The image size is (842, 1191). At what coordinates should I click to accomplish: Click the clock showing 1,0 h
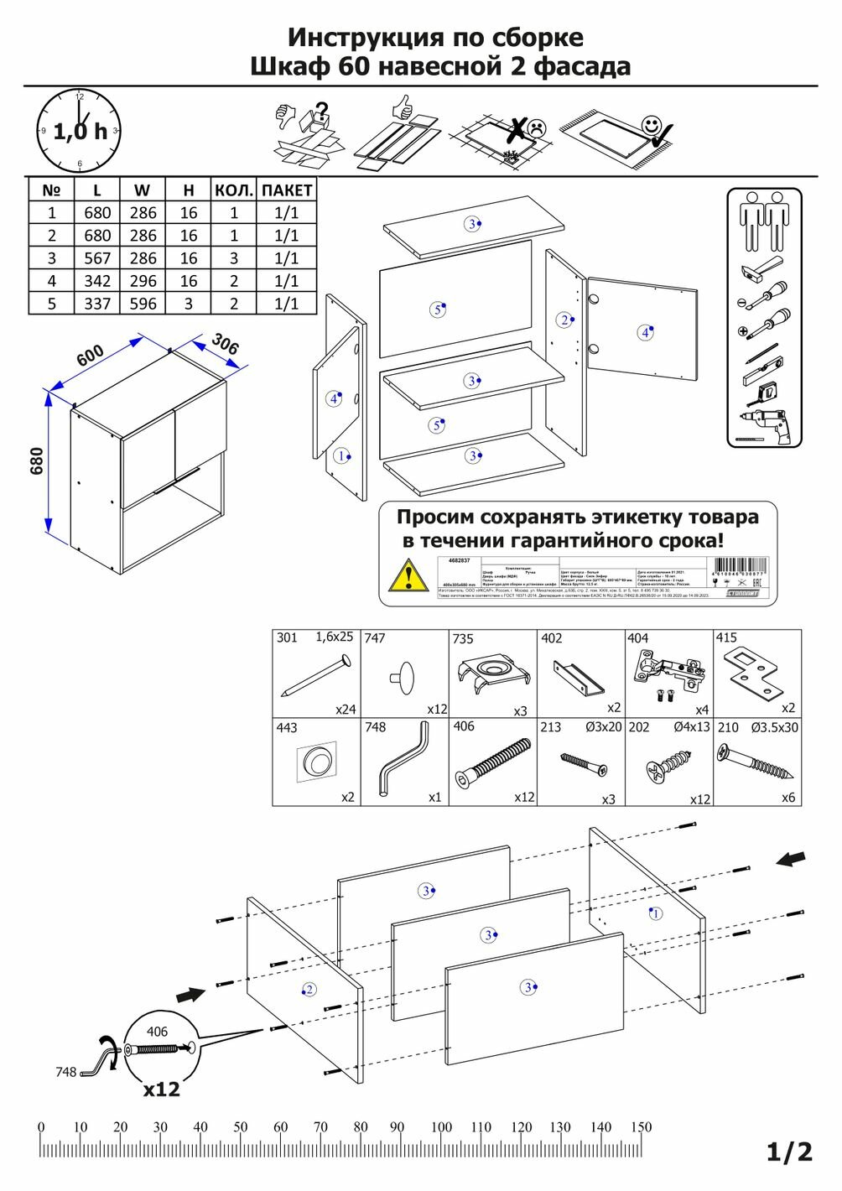(80, 131)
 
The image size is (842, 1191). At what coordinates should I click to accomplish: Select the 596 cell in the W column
(143, 304)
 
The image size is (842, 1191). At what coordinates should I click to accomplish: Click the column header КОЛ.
(233, 190)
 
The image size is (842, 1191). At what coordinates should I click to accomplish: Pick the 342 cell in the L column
(97, 281)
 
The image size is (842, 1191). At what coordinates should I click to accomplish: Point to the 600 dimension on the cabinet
(91, 355)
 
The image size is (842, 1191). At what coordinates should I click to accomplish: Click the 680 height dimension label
(36, 460)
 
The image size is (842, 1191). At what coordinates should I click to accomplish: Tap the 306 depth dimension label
(224, 344)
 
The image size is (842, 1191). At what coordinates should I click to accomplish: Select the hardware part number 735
(463, 639)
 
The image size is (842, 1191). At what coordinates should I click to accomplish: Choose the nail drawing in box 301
(314, 677)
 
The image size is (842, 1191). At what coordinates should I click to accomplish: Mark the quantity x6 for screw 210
(787, 798)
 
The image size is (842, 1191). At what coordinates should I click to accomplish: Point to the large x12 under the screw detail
(161, 1090)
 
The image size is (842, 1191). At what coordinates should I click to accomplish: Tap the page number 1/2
(790, 1152)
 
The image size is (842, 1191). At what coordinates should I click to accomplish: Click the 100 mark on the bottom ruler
(441, 1127)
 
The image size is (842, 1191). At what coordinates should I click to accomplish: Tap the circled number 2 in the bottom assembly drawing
(309, 990)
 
